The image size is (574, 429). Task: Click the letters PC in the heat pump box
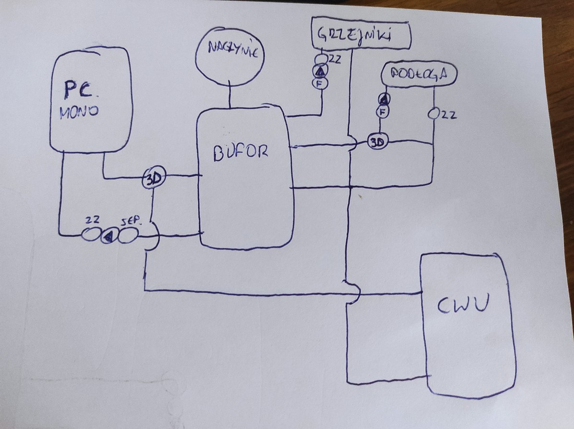click(78, 89)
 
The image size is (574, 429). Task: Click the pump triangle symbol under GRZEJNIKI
click(320, 72)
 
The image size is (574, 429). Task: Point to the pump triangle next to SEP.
click(108, 235)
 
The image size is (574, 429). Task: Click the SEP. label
click(131, 221)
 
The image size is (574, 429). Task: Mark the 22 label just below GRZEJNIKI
click(334, 59)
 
